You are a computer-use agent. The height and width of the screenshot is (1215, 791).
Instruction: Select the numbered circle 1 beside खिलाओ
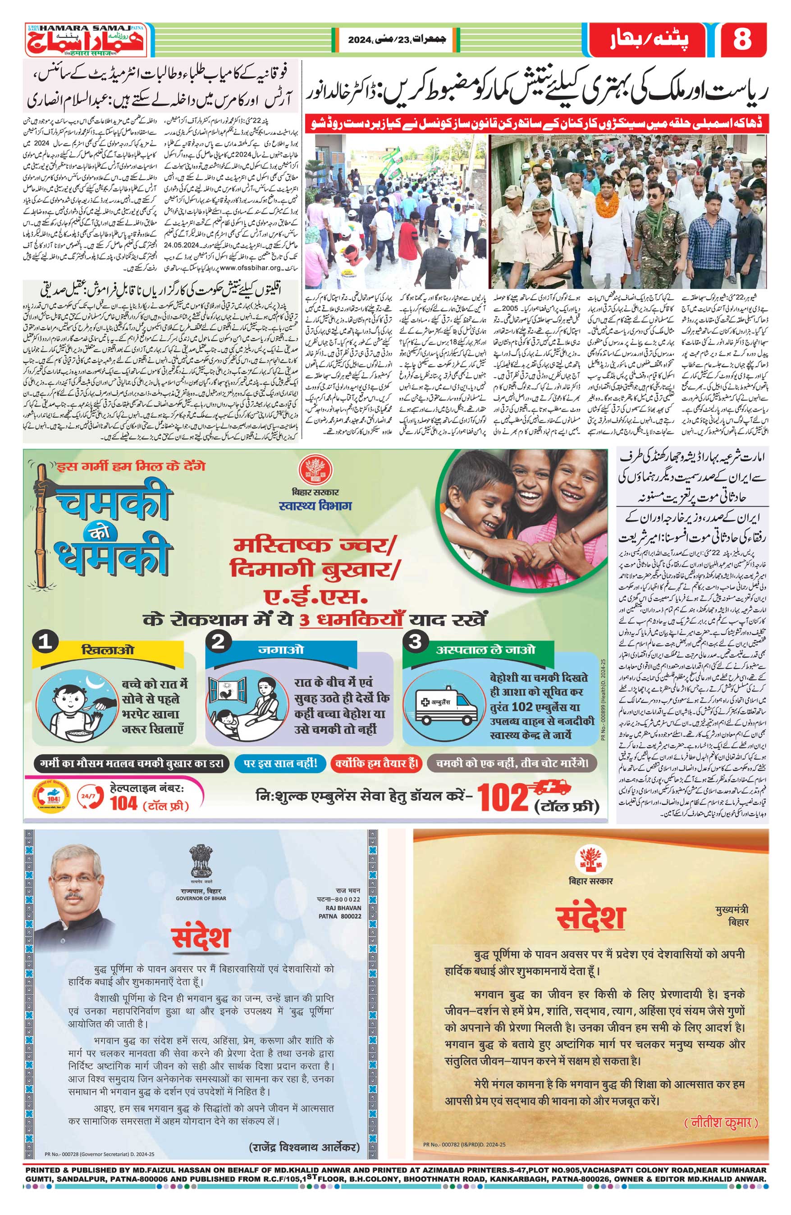46,641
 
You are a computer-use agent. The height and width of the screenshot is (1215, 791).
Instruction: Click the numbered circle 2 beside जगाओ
219,641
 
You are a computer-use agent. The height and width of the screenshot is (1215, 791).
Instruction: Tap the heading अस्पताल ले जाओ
485,649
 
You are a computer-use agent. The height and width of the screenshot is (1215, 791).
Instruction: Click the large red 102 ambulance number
503,798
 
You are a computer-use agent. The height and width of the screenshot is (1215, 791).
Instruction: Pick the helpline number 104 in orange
123,803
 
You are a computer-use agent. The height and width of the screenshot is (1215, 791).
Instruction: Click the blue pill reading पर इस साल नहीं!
280,763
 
